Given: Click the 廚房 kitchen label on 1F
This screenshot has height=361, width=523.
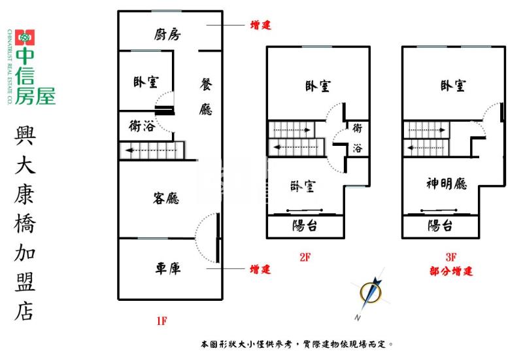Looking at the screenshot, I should pyautogui.click(x=168, y=34).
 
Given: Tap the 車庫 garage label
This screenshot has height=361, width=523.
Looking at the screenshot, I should pyautogui.click(x=168, y=268).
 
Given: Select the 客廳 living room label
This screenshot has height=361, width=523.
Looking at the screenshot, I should pyautogui.click(x=166, y=198).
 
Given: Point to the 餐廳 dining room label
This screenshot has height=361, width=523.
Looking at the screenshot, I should pyautogui.click(x=206, y=97).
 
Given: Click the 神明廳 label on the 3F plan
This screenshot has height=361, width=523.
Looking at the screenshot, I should pyautogui.click(x=447, y=184).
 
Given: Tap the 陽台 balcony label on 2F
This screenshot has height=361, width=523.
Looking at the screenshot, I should pyautogui.click(x=305, y=226).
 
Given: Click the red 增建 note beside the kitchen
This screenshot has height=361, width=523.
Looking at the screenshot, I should pyautogui.click(x=260, y=26).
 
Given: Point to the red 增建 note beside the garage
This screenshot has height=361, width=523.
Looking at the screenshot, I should pyautogui.click(x=260, y=269).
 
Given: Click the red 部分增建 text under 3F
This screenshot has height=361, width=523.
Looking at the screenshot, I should pyautogui.click(x=451, y=271).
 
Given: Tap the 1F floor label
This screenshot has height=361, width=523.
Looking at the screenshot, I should pyautogui.click(x=162, y=320).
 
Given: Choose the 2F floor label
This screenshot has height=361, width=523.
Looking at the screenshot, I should pyautogui.click(x=304, y=258).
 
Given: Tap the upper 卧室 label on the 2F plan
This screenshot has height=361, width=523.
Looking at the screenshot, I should pyautogui.click(x=317, y=86).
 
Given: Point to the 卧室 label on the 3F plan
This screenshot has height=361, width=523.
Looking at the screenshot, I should pyautogui.click(x=453, y=86).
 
